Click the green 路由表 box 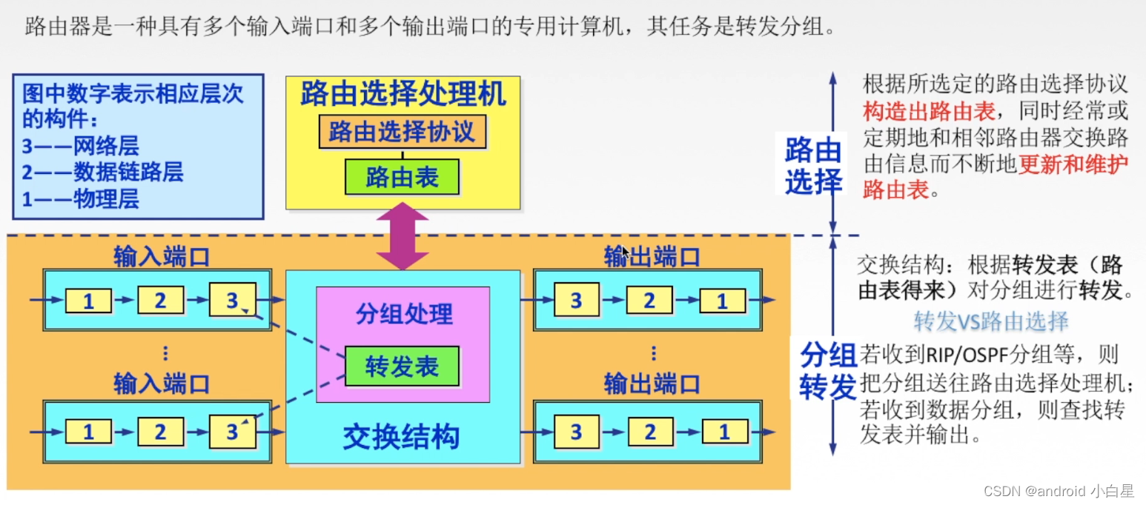coord(402,177)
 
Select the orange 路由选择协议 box coord(402,133)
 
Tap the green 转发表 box coord(402,366)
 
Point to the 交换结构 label coord(402,437)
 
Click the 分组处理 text coord(403,314)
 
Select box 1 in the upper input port coord(88,301)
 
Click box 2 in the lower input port coord(160,432)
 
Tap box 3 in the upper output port coord(576,301)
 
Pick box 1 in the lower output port coord(724,432)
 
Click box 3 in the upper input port coord(232,300)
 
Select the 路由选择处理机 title coord(403,95)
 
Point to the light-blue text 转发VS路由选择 coord(990,321)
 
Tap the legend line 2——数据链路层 coord(102,173)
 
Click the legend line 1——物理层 coord(80,198)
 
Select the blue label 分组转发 coord(828,372)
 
